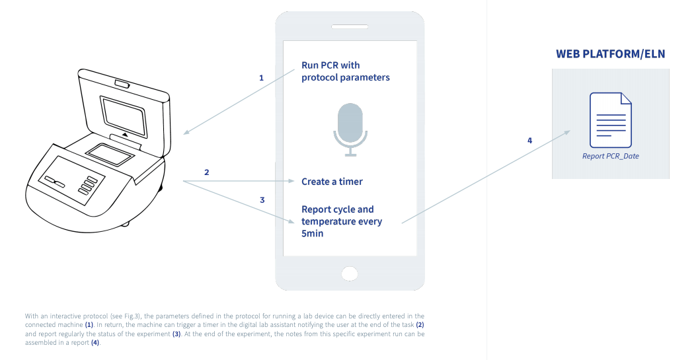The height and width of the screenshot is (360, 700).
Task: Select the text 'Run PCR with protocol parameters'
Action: [345, 71]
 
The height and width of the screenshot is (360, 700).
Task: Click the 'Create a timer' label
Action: [332, 181]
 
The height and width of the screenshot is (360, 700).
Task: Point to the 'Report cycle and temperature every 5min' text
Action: [341, 221]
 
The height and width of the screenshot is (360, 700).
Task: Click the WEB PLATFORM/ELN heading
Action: [610, 54]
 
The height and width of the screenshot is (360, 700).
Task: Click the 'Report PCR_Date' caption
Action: [610, 157]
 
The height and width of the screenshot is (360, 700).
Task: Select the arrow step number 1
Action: [261, 77]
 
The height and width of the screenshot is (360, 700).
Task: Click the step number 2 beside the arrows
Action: [207, 172]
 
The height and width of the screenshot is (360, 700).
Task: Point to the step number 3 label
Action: [262, 199]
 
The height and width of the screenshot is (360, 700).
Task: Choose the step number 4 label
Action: [529, 141]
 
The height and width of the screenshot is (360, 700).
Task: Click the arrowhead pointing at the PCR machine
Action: [186, 133]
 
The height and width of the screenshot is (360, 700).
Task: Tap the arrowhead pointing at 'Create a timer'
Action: [291, 181]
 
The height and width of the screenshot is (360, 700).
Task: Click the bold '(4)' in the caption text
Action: [95, 343]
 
